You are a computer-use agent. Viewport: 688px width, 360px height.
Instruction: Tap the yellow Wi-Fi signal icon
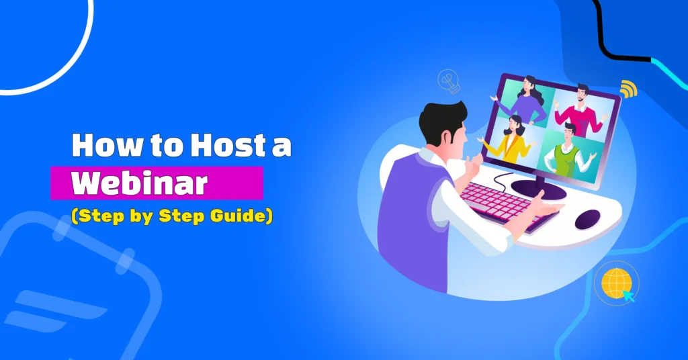click(628, 88)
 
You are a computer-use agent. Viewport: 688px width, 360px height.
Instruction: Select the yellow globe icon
click(614, 283)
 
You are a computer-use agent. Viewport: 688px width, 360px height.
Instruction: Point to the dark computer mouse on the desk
click(588, 218)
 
